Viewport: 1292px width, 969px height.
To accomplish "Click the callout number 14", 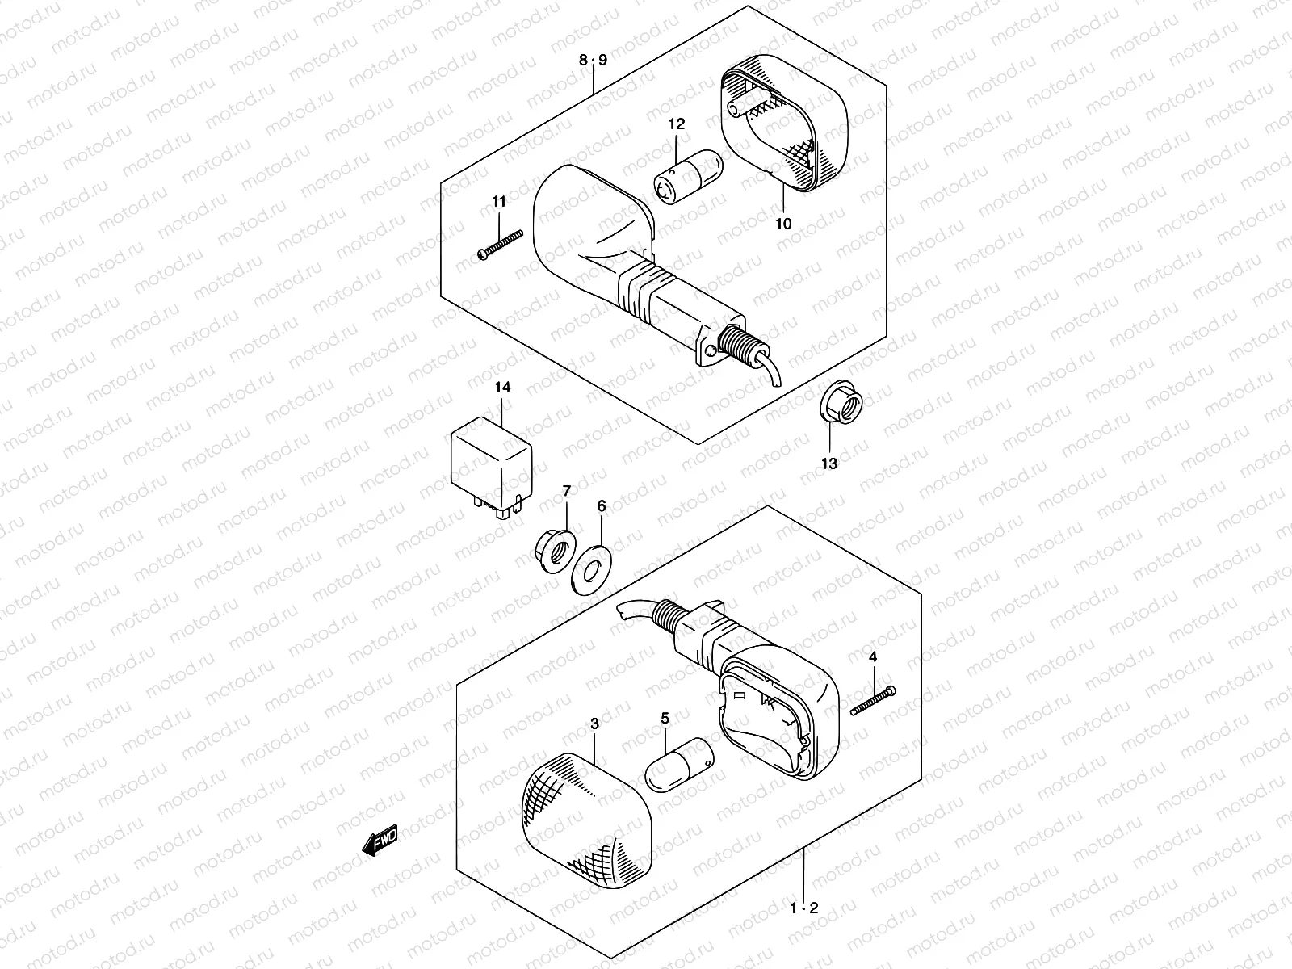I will click(x=502, y=388).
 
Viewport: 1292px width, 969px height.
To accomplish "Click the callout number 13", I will click(x=829, y=464).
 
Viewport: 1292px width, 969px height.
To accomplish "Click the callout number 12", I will click(x=676, y=124).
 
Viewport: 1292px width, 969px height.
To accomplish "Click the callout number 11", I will click(x=498, y=201).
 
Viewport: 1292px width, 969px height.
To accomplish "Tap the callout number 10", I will click(x=783, y=224).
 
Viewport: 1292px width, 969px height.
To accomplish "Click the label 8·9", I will click(x=592, y=60).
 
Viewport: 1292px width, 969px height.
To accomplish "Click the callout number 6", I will click(x=602, y=505).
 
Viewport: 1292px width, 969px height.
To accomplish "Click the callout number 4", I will click(x=872, y=657).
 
